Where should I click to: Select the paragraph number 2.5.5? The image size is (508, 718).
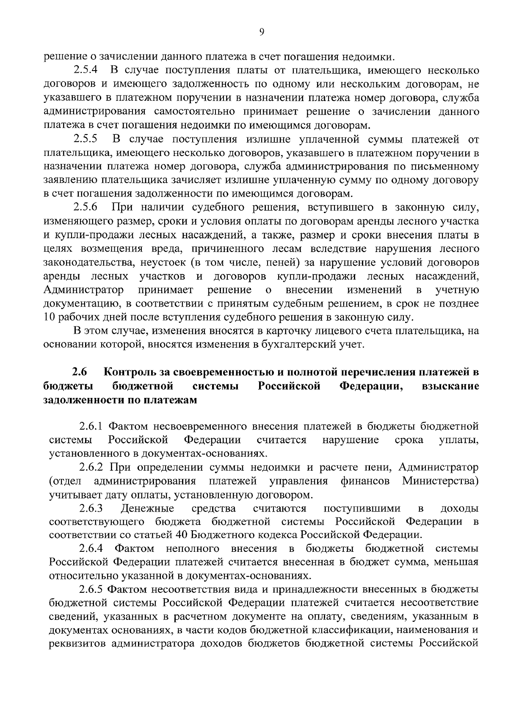(86, 139)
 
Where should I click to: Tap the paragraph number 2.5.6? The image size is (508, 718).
(86, 207)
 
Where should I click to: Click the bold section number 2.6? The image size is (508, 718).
(79, 373)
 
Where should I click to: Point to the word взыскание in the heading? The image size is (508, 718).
(450, 386)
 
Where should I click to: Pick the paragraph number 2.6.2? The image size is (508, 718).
(91, 468)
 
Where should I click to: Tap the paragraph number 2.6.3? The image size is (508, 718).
(91, 508)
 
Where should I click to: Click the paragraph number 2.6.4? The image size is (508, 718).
(91, 549)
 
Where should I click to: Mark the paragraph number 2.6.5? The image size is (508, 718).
(91, 589)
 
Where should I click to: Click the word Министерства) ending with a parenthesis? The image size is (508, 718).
(440, 481)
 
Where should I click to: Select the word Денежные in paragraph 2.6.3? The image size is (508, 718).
(147, 508)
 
